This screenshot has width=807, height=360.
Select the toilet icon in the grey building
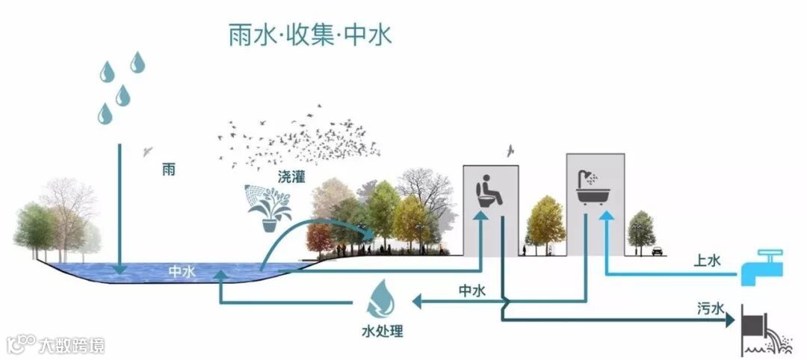(x=489, y=191)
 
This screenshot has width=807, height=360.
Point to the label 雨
(x=170, y=170)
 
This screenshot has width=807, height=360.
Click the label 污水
(x=707, y=308)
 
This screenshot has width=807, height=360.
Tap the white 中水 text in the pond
(x=182, y=273)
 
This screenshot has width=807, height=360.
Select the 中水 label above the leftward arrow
(x=471, y=290)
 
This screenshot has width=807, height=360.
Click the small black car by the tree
(x=657, y=251)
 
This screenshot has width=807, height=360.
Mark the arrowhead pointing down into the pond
(x=119, y=269)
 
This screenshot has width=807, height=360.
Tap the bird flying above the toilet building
(x=511, y=151)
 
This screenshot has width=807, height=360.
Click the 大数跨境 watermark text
(x=72, y=345)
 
